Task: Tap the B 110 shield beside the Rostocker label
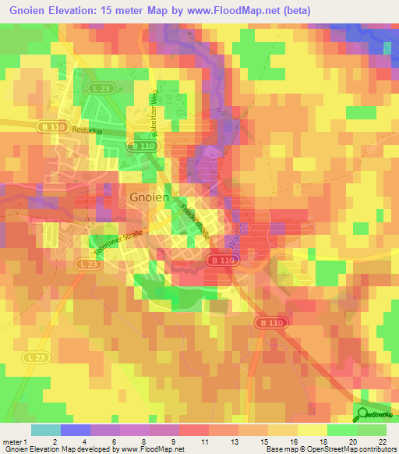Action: click(50, 125)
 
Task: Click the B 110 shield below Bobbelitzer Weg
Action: click(143, 146)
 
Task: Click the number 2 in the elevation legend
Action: click(54, 441)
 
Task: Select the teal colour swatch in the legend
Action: click(45, 430)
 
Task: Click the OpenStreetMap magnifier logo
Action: click(364, 415)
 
